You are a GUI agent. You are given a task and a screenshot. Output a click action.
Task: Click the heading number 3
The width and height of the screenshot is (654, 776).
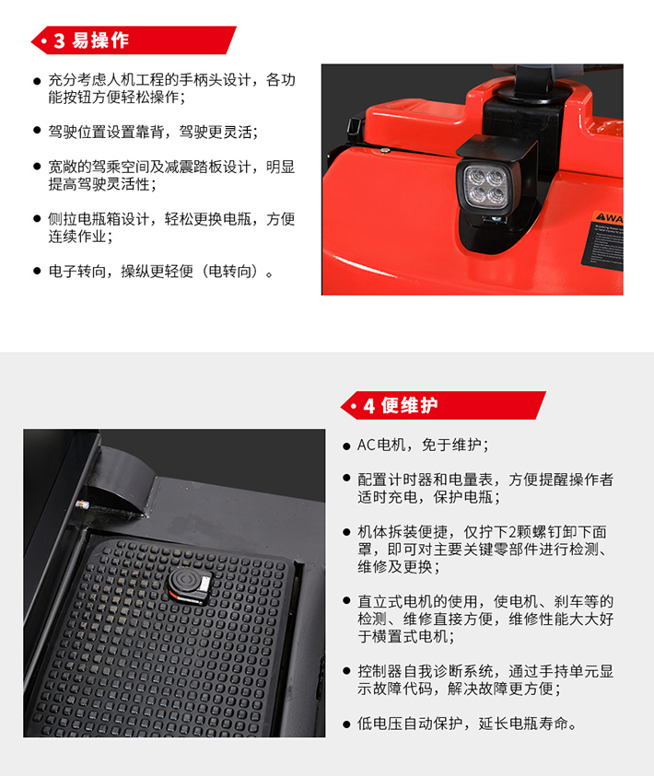coord(59,41)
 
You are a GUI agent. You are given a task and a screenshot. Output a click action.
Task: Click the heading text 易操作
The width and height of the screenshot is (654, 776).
coord(100,41)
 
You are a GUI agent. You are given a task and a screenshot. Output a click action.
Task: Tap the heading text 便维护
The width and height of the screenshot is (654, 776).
coord(410,405)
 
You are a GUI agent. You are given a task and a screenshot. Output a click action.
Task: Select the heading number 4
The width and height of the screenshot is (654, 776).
coord(369,406)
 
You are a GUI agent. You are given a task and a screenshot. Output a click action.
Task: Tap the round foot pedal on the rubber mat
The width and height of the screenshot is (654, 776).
coord(190,585)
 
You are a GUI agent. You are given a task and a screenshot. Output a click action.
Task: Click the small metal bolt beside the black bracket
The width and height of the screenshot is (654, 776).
coord(83,505)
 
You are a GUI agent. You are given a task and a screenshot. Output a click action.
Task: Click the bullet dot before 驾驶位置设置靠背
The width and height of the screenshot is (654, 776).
coord(37,130)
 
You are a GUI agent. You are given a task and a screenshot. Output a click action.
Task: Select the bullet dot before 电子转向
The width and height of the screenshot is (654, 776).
coord(37,271)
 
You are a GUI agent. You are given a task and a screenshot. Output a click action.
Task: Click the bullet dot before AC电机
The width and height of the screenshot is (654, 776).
coord(346,446)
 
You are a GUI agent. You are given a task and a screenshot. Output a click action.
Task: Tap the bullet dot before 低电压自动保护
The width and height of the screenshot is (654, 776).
coord(346,724)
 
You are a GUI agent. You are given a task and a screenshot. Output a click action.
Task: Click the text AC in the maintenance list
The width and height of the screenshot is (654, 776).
coord(367,445)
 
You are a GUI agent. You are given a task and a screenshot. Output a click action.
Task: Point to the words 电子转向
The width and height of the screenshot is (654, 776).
coord(76,272)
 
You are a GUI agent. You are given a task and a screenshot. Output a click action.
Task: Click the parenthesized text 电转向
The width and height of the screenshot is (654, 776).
coord(229,272)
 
